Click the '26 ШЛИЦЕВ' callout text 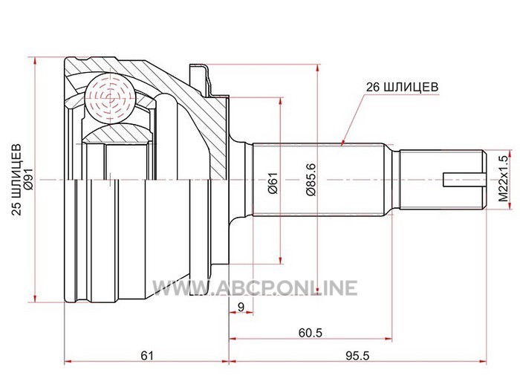click(402, 87)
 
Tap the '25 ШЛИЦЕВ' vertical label click(16, 180)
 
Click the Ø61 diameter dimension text click(273, 183)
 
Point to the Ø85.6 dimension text click(311, 180)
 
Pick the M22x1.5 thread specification click(503, 179)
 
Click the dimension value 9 click(241, 307)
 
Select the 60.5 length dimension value click(311, 333)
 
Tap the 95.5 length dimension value click(357, 356)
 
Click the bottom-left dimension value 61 click(147, 356)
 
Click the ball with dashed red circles click(110, 98)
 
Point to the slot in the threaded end click(465, 180)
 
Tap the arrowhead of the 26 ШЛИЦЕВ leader click(343, 143)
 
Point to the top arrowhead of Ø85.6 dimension click(318, 68)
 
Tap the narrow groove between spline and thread click(395, 180)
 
